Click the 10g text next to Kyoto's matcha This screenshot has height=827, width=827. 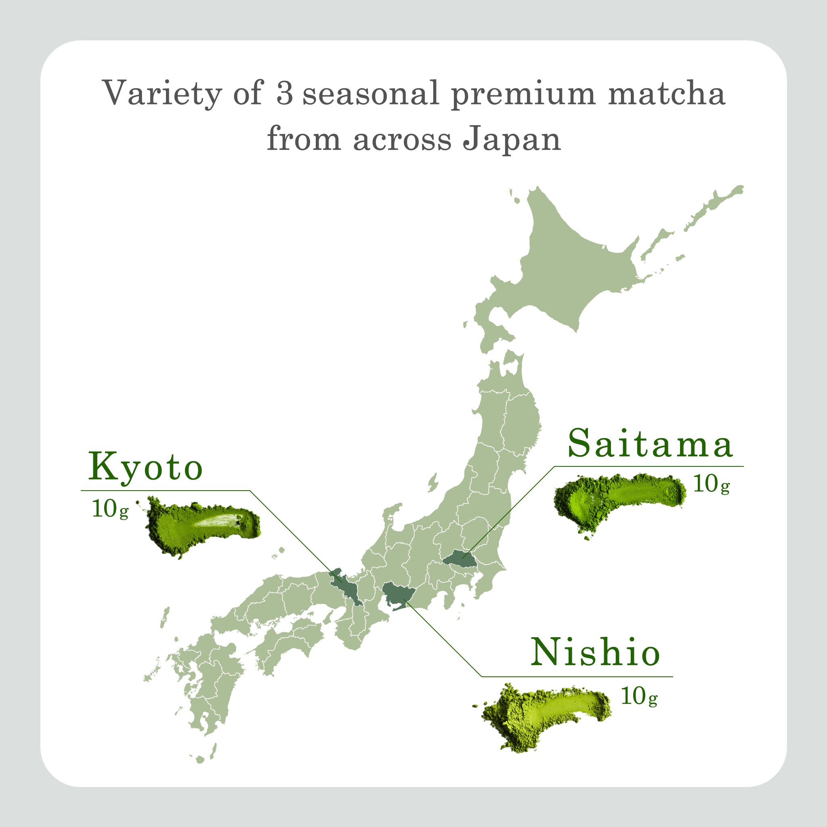pyautogui.click(x=110, y=509)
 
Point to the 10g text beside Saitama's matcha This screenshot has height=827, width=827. pyautogui.click(x=711, y=485)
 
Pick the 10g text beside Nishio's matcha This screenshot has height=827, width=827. pyautogui.click(x=639, y=697)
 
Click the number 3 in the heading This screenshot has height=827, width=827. pyautogui.click(x=285, y=93)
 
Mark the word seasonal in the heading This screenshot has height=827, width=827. pyautogui.click(x=370, y=93)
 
